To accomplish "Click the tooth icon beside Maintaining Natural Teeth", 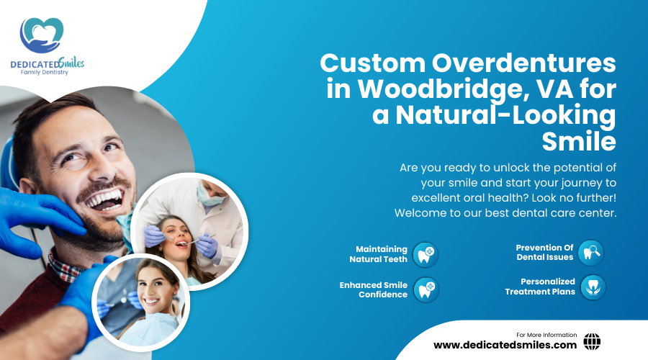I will [426, 254].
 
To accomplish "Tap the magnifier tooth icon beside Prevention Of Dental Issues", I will [590, 252].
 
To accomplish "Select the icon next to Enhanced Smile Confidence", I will [426, 289].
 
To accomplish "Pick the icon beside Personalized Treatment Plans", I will [593, 287].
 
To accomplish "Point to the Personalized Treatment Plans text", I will [539, 287].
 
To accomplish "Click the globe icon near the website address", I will [592, 341].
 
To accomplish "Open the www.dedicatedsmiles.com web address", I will [505, 345].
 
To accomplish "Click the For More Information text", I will [546, 335].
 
